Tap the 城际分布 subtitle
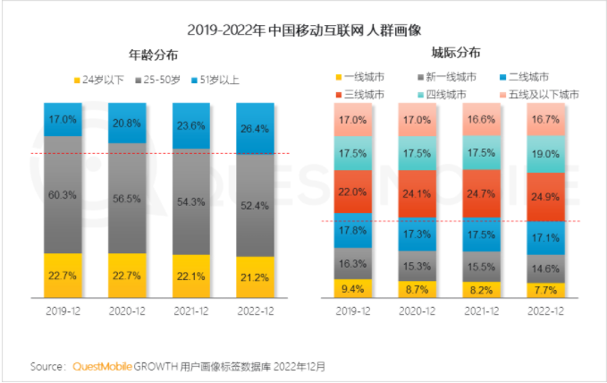pyautogui.click(x=456, y=54)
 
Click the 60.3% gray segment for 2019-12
pyautogui.click(x=63, y=194)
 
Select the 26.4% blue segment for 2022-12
pyautogui.click(x=255, y=129)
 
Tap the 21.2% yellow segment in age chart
pyautogui.click(x=255, y=277)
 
